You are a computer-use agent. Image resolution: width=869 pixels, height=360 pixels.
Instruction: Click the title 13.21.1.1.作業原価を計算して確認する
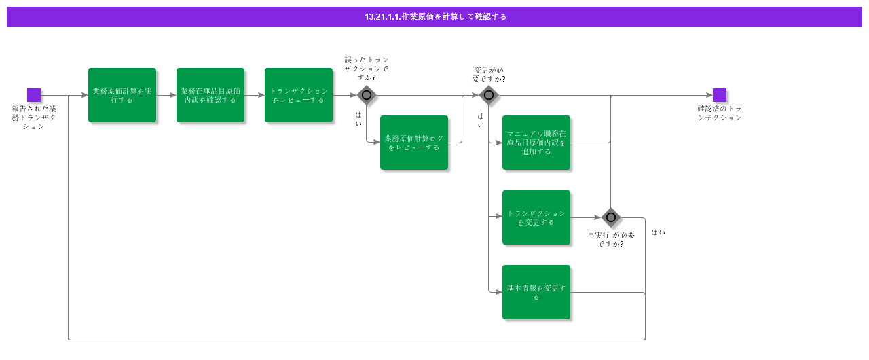point(434,17)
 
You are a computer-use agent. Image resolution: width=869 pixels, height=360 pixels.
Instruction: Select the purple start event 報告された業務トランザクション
point(34,95)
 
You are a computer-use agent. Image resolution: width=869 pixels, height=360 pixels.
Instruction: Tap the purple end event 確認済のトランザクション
point(720,95)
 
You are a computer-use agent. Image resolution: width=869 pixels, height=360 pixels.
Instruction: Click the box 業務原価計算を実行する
point(122,95)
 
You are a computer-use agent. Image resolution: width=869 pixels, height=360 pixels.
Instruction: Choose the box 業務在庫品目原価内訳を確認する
point(210,95)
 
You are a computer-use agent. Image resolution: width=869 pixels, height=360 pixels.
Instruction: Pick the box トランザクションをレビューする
point(299,95)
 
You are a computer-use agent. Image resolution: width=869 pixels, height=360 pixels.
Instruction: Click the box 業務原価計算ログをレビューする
point(414,143)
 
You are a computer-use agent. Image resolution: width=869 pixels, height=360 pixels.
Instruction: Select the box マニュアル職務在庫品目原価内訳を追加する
point(536,143)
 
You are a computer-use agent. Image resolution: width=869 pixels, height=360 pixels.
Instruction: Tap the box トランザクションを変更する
point(536,217)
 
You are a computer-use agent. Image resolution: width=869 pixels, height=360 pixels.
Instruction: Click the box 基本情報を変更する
point(536,292)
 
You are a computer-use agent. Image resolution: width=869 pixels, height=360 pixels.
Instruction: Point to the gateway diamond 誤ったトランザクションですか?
point(367,95)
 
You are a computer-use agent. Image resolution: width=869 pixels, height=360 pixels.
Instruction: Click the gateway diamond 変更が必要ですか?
point(489,95)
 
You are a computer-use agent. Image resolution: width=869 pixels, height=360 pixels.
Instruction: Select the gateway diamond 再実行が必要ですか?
point(611,217)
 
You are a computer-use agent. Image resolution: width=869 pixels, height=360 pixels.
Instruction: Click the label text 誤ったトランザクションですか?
point(367,69)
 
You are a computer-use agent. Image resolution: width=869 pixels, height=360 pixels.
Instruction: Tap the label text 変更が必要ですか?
point(489,74)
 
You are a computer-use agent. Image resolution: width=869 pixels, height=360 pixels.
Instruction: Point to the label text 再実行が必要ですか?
point(611,239)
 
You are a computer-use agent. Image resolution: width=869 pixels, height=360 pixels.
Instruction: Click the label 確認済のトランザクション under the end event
point(720,113)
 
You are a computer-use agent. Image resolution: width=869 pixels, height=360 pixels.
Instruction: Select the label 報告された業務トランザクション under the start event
point(34,117)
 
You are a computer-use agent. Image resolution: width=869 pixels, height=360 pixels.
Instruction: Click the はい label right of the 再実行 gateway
point(658,232)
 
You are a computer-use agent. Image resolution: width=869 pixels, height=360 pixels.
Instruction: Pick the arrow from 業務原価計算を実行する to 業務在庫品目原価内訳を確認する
point(166,95)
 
